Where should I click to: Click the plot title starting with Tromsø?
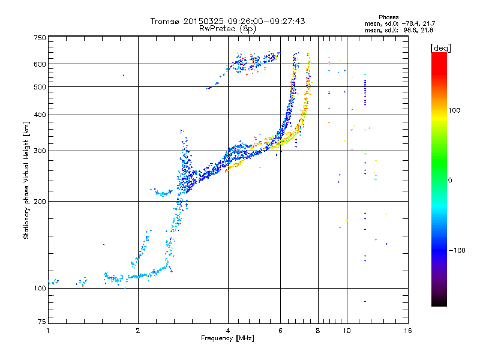228,21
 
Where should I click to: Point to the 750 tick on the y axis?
40,38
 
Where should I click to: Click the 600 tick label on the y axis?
40,64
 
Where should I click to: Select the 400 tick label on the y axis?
40,115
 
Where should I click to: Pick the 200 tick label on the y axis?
40,201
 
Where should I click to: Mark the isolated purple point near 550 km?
124,75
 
